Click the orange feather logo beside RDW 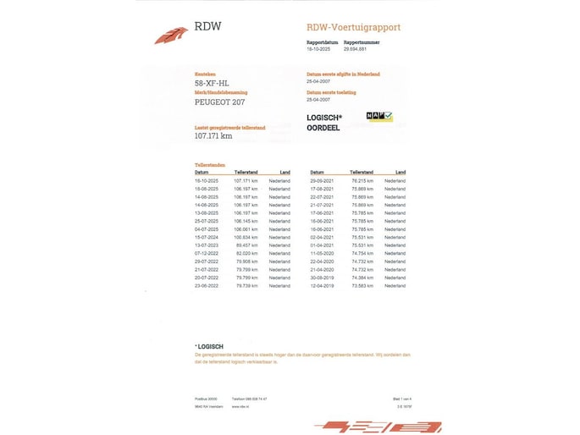[x=171, y=35]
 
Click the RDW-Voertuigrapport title [x=353, y=27]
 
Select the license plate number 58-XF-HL [x=212, y=84]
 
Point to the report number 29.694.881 [x=355, y=49]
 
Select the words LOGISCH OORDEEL [x=324, y=123]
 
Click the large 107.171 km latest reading [x=213, y=135]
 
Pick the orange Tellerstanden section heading [x=208, y=165]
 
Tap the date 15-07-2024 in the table [x=207, y=237]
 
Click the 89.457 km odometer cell [x=246, y=245]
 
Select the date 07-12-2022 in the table [x=207, y=253]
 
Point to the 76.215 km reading [x=362, y=181]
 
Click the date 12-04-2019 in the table [x=323, y=285]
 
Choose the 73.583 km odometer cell [x=362, y=285]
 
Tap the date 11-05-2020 [x=323, y=253]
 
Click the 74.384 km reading [x=362, y=277]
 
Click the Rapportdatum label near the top [x=321, y=41]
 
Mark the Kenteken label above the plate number [x=205, y=74]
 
